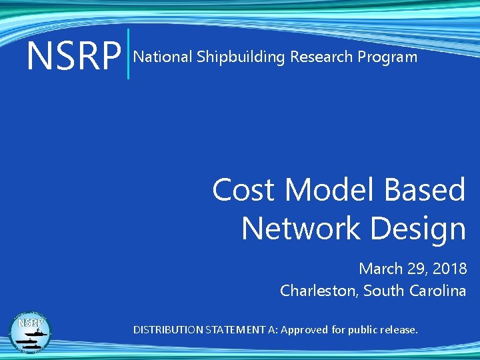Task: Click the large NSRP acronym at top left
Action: tap(73, 56)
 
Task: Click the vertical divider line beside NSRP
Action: tap(128, 55)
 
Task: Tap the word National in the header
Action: tap(163, 57)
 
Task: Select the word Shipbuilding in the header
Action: tap(241, 57)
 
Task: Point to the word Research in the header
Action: tap(322, 57)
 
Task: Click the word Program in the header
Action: tap(387, 57)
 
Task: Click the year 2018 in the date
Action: tap(450, 269)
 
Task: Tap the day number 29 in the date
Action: tap(416, 269)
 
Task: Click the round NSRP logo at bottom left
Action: tap(30, 330)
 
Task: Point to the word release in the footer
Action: tap(398, 329)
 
